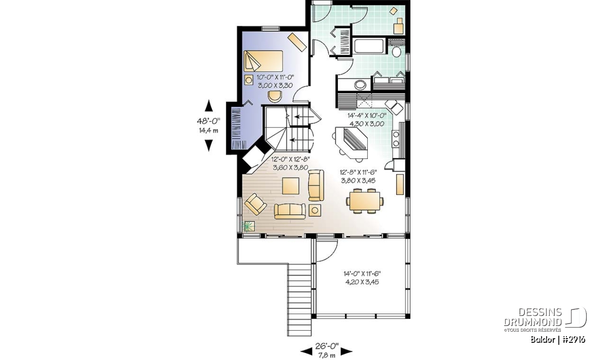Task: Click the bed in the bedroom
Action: (263, 61)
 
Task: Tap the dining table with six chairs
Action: (365, 201)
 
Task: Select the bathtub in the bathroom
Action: (369, 46)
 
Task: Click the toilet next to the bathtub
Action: (397, 51)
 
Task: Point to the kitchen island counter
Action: (352, 143)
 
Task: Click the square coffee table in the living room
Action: (291, 186)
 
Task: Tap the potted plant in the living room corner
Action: (248, 226)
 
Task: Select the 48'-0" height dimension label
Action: (208, 121)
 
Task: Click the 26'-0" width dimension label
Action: (327, 346)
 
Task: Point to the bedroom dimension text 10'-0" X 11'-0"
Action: (276, 77)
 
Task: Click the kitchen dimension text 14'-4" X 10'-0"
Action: (367, 115)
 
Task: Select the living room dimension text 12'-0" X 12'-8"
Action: (291, 159)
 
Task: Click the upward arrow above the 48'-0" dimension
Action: (208, 105)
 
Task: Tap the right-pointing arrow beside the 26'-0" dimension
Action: (347, 352)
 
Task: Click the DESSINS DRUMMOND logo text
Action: (533, 317)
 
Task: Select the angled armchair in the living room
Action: (255, 204)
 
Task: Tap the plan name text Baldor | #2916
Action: (558, 340)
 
